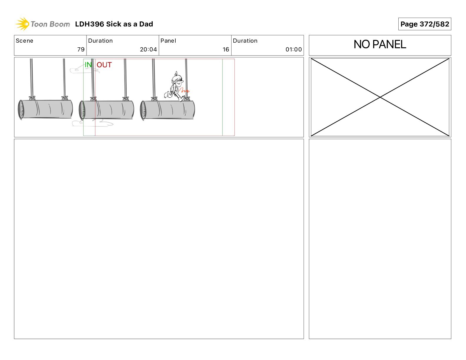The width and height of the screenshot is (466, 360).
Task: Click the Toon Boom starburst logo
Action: pyautogui.click(x=22, y=24)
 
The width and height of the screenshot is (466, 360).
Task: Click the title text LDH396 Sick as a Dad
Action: pyautogui.click(x=114, y=24)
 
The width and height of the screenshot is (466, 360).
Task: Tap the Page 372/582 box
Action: pyautogui.click(x=425, y=24)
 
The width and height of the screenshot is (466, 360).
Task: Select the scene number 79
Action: pyautogui.click(x=81, y=49)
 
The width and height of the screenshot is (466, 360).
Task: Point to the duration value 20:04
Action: pyautogui.click(x=148, y=49)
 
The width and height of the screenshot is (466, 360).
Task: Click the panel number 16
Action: pyautogui.click(x=226, y=49)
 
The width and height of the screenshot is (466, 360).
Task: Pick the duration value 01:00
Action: pyautogui.click(x=294, y=49)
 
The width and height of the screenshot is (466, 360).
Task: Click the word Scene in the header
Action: pyautogui.click(x=24, y=41)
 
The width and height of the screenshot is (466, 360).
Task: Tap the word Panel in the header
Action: pyautogui.click(x=168, y=41)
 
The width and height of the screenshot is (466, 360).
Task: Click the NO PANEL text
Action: pyautogui.click(x=380, y=44)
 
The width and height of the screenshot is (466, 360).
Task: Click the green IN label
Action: pyautogui.click(x=88, y=64)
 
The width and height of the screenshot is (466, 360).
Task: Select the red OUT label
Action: pyautogui.click(x=104, y=65)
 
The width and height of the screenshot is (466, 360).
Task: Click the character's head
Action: pyautogui.click(x=177, y=79)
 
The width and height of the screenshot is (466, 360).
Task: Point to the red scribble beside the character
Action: pyautogui.click(x=184, y=90)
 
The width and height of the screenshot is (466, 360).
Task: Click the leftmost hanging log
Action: pyautogui.click(x=45, y=109)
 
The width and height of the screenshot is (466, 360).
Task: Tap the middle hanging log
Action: pyautogui.click(x=106, y=110)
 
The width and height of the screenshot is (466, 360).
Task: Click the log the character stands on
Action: pyautogui.click(x=167, y=110)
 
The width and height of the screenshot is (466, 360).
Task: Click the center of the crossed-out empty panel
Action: pyautogui.click(x=380, y=97)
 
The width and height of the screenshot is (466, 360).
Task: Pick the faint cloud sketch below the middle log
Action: pyautogui.click(x=93, y=123)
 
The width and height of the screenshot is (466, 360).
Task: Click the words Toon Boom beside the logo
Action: pyautogui.click(x=50, y=24)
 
